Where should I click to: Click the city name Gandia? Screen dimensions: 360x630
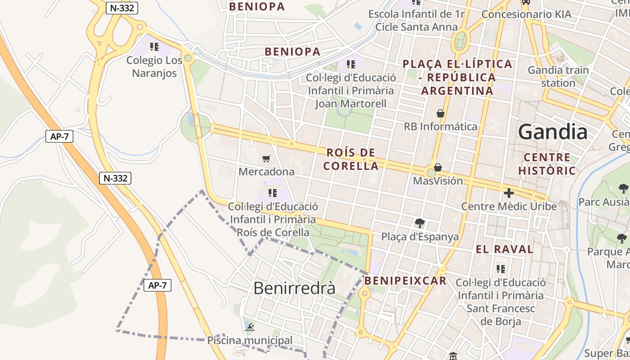(553, 132)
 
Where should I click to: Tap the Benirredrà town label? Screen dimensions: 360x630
(294, 288)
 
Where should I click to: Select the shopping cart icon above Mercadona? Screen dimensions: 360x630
(266, 158)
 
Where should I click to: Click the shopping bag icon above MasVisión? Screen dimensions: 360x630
(437, 167)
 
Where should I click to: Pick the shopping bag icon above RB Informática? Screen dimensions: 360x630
(441, 113)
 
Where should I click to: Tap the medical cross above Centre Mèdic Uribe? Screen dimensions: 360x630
(509, 193)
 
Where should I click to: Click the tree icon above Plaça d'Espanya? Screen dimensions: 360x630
(420, 223)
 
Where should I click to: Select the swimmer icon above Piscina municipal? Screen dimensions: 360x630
(250, 327)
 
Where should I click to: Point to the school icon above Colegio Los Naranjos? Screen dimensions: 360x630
(154, 46)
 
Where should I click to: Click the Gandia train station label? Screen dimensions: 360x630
(558, 76)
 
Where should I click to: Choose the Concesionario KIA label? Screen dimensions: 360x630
(526, 14)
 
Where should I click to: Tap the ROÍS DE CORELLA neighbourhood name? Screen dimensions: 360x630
(351, 159)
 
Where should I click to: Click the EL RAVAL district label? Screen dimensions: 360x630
(504, 249)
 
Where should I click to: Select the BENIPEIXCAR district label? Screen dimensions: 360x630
(405, 281)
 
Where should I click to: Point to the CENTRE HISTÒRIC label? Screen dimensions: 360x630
(547, 164)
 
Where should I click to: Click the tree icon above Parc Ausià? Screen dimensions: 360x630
(623, 188)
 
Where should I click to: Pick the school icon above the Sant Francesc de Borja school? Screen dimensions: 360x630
(501, 269)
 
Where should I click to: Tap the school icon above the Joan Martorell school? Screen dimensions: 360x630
(351, 64)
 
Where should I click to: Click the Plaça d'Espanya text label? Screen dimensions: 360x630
(420, 237)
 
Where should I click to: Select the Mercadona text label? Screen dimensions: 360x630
(266, 171)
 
